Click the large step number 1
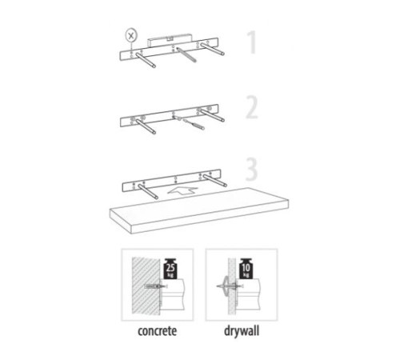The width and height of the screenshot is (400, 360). pyautogui.click(x=252, y=42)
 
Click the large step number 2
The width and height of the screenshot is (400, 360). pyautogui.click(x=252, y=107)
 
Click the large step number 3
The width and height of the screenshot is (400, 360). pyautogui.click(x=251, y=169)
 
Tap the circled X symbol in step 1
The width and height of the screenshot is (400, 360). pyautogui.click(x=131, y=35)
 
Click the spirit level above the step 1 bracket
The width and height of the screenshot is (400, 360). pyautogui.click(x=170, y=40)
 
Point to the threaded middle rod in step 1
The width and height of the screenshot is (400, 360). pyautogui.click(x=186, y=54)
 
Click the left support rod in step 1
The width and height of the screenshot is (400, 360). pyautogui.click(x=146, y=60)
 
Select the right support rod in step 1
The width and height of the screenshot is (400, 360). pyautogui.click(x=213, y=48)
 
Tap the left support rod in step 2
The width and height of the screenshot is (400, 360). pyautogui.click(x=146, y=126)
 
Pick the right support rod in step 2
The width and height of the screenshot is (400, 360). pyautogui.click(x=213, y=115)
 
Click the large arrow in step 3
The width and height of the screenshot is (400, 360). pyautogui.click(x=182, y=190)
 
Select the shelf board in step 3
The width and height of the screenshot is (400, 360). pyautogui.click(x=199, y=210)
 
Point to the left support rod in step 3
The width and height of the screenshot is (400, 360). pyautogui.click(x=148, y=191)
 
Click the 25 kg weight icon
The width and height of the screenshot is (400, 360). pyautogui.click(x=170, y=269)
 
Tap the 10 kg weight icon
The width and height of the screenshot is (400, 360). pyautogui.click(x=246, y=269)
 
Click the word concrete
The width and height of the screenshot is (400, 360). pyautogui.click(x=158, y=331)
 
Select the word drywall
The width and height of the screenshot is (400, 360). pyautogui.click(x=242, y=331)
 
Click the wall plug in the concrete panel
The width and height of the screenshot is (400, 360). pyautogui.click(x=155, y=286)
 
